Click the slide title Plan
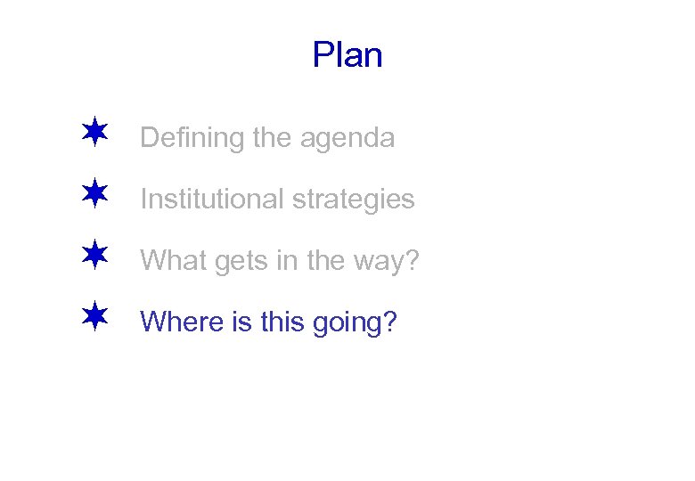(x=347, y=55)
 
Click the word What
(x=167, y=260)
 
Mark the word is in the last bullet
(x=241, y=321)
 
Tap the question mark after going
(x=388, y=321)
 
